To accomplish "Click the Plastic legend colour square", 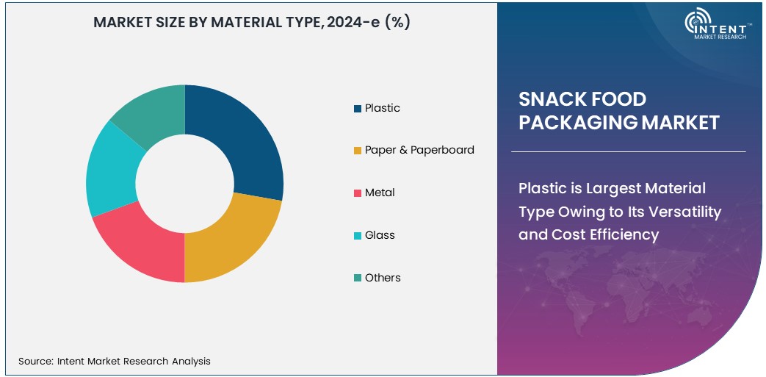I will (x=358, y=109).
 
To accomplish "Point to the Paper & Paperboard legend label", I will (x=419, y=150).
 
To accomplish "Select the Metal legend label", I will (x=380, y=193).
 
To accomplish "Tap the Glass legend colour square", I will (x=358, y=236).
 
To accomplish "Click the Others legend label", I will (x=383, y=278).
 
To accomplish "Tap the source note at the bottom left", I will (x=115, y=361).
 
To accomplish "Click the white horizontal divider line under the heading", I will (x=628, y=152).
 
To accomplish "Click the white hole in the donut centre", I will (x=184, y=184).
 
